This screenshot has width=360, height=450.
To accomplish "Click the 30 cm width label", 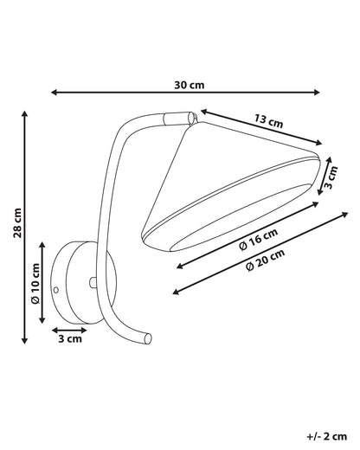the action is [190, 85].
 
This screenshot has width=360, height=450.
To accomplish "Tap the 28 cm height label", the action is [17, 222].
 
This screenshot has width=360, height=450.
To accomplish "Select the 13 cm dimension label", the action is [269, 121].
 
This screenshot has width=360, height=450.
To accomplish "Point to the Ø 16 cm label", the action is [259, 240].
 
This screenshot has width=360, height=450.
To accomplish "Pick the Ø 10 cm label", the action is [35, 283].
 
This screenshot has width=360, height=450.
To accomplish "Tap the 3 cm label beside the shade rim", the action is [331, 177].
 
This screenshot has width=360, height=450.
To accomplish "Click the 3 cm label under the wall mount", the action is [70, 338].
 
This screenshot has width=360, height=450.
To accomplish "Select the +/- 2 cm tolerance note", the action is [326, 436].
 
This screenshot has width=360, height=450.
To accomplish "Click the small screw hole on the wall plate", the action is [56, 289].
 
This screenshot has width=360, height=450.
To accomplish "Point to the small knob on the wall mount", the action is [93, 282].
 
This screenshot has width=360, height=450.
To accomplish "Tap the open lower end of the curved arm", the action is [148, 338].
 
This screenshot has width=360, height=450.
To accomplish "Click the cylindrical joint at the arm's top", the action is [178, 119].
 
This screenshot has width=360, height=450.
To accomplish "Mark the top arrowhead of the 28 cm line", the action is [25, 113].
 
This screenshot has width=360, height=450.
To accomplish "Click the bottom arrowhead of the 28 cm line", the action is [25, 341].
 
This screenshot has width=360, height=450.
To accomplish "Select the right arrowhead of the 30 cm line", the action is [317, 93].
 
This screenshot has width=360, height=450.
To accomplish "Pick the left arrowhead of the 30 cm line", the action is [54, 93].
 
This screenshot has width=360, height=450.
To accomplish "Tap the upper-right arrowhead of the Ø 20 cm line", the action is [344, 214].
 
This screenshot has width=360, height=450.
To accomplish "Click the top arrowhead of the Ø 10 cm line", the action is [42, 245].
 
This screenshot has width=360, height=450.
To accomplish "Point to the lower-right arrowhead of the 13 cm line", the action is [318, 142].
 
